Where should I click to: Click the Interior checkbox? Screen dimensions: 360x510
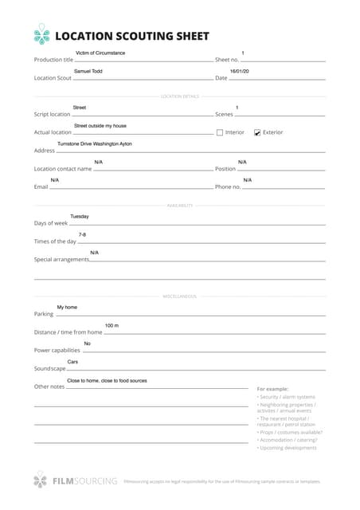(220, 132)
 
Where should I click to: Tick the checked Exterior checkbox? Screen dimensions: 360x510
(257, 132)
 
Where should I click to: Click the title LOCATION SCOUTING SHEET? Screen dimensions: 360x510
(131, 36)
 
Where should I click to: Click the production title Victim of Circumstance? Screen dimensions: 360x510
(100, 53)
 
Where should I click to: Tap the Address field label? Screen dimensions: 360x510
(44, 150)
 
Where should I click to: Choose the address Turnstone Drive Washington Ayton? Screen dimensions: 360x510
(95, 143)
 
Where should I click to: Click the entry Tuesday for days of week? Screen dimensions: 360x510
(80, 216)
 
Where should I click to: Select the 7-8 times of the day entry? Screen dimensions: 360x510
(82, 234)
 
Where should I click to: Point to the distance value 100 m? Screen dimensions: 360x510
(112, 325)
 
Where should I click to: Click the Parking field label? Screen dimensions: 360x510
(43, 314)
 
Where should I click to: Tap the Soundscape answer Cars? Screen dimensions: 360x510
(72, 362)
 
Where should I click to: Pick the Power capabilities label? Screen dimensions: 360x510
(57, 350)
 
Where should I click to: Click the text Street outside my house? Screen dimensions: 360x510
(100, 126)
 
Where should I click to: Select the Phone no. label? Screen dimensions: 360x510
(228, 186)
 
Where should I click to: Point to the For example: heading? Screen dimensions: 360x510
(272, 388)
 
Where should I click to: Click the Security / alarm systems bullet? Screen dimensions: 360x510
(287, 397)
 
